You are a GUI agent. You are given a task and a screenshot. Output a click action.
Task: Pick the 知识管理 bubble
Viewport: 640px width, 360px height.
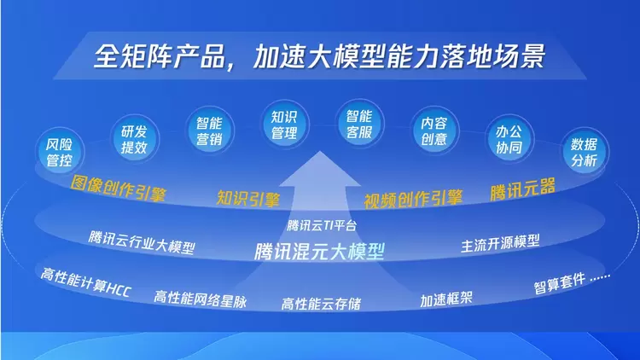[x=283, y=125]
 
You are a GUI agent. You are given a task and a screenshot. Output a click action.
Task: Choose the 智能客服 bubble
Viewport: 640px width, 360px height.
[x=358, y=125]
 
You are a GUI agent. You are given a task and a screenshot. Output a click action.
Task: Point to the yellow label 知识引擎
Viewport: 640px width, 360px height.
[x=248, y=199]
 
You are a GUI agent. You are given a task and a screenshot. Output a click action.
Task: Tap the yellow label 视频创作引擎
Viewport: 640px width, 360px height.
[x=413, y=199]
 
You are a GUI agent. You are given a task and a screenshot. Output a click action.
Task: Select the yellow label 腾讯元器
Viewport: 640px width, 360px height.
[x=522, y=189]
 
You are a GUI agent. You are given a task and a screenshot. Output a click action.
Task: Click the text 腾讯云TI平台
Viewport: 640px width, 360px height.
[x=321, y=226]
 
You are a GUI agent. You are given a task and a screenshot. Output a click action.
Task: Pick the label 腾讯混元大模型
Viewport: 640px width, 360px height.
[x=320, y=252]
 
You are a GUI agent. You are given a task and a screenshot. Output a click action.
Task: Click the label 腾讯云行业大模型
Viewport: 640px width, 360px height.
[x=142, y=242]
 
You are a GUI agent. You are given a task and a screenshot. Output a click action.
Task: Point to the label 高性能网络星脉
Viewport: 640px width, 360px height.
[x=201, y=299]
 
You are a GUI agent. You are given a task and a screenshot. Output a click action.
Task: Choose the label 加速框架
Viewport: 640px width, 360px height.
[x=447, y=299]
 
